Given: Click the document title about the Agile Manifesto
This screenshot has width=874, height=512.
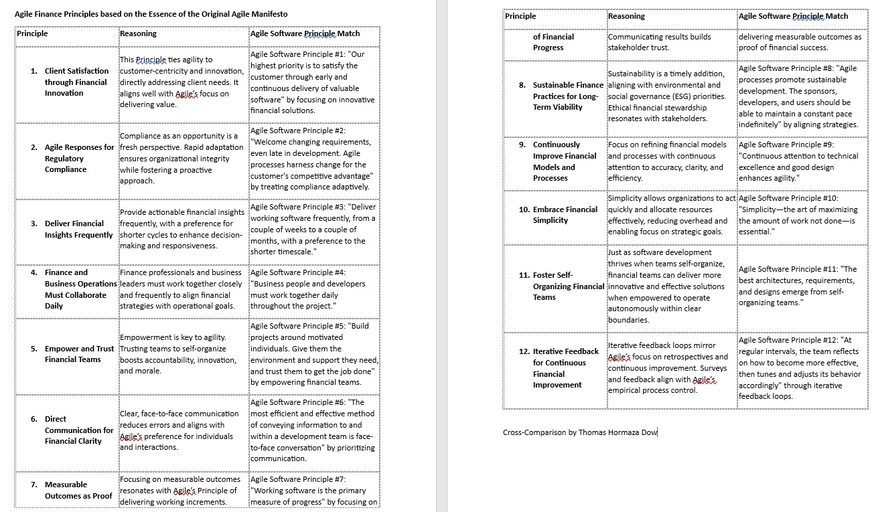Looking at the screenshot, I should (x=152, y=14).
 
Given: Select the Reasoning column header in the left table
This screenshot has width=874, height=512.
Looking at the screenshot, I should (x=139, y=33).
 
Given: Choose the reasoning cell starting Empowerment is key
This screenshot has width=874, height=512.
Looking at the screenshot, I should (x=177, y=354).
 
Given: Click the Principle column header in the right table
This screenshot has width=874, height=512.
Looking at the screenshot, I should (x=520, y=16).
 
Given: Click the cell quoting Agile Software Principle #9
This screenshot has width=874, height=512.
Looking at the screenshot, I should (x=798, y=161).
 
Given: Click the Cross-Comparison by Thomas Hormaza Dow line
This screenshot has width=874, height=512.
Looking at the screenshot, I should (x=580, y=432).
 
